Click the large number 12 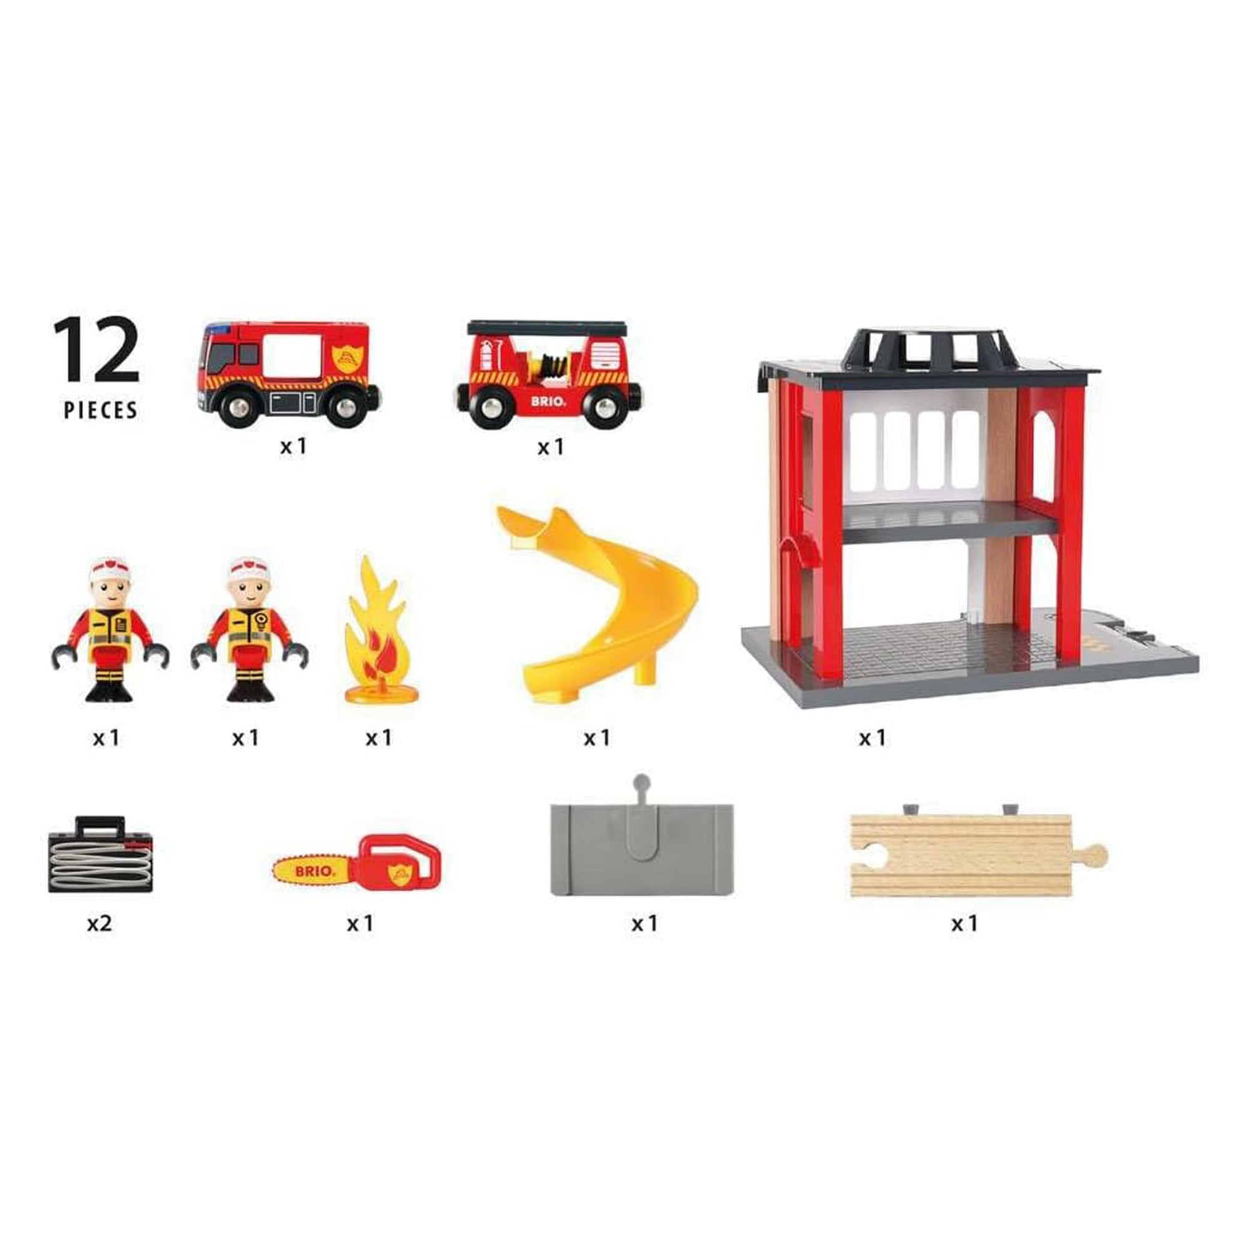[96, 350]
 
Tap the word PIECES [100, 410]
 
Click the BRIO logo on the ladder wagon [548, 401]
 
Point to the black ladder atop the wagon [548, 327]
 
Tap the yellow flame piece [376, 630]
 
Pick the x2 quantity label [99, 922]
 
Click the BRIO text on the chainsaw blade [315, 871]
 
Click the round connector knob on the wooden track [1096, 855]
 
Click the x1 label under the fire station [872, 738]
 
